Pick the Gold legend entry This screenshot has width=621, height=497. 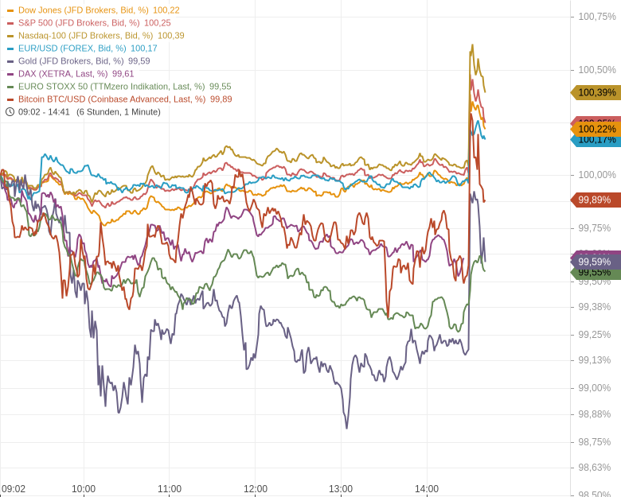tap(71, 61)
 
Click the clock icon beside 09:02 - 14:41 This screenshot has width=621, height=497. tap(10, 112)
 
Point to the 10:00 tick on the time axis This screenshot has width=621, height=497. tap(84, 489)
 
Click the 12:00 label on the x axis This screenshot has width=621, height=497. tap(256, 489)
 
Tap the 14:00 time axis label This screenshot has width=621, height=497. tap(427, 489)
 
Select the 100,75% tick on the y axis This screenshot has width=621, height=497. tap(597, 17)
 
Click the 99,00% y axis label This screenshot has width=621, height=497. tap(595, 388)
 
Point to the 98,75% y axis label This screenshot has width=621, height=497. tap(595, 441)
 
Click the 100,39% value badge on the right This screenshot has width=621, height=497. tap(596, 92)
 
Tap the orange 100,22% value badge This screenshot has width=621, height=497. tap(596, 129)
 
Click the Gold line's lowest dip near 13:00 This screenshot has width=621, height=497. tap(346, 428)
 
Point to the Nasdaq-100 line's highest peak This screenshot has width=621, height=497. tap(472, 45)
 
